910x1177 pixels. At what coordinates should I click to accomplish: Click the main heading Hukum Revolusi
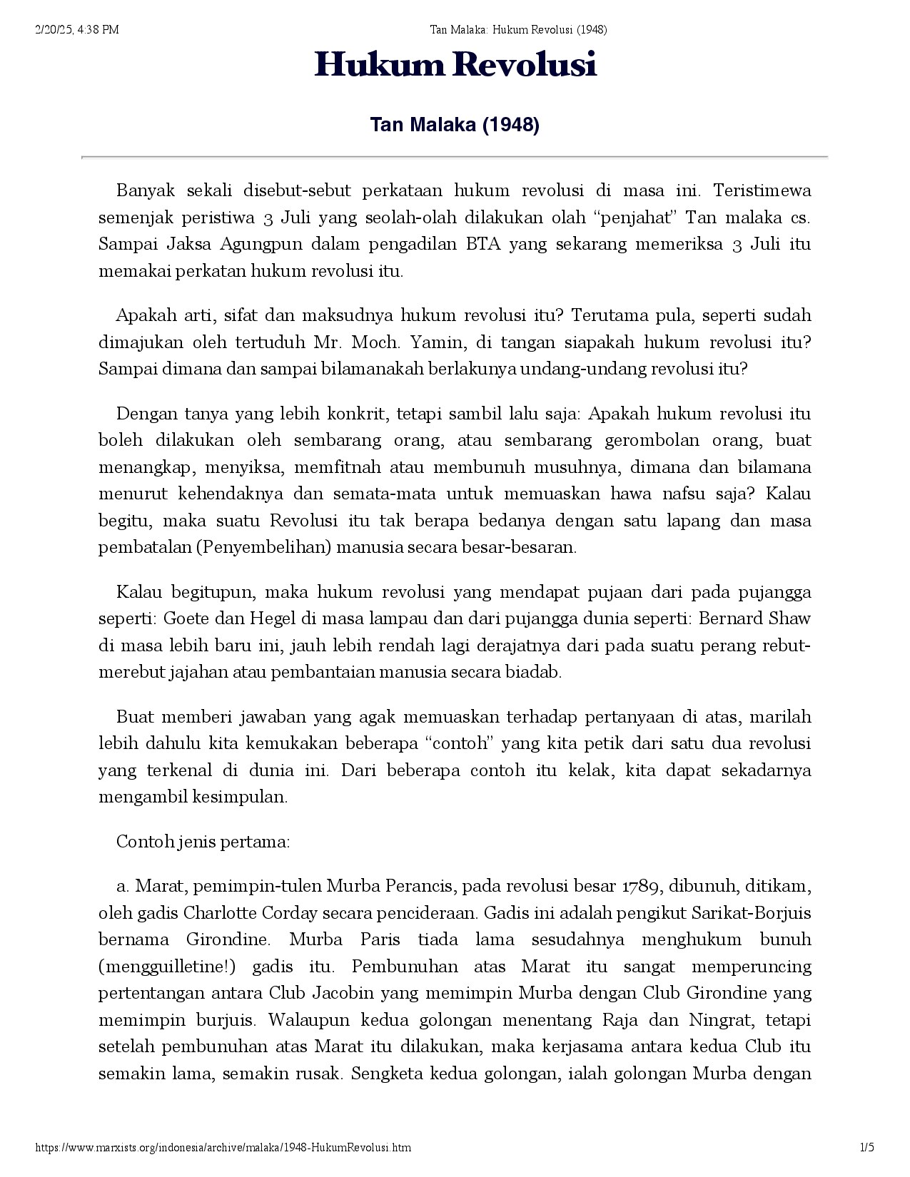[x=455, y=66]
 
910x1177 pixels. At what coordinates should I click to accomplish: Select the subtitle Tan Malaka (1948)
[x=455, y=126]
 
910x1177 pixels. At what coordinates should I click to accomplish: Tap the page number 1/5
[x=867, y=1148]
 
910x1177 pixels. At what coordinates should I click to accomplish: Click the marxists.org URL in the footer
[x=223, y=1148]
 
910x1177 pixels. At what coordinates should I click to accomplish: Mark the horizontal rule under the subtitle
[x=455, y=156]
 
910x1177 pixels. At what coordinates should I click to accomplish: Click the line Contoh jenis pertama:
[x=203, y=842]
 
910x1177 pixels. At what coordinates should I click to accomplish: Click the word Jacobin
[x=348, y=994]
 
